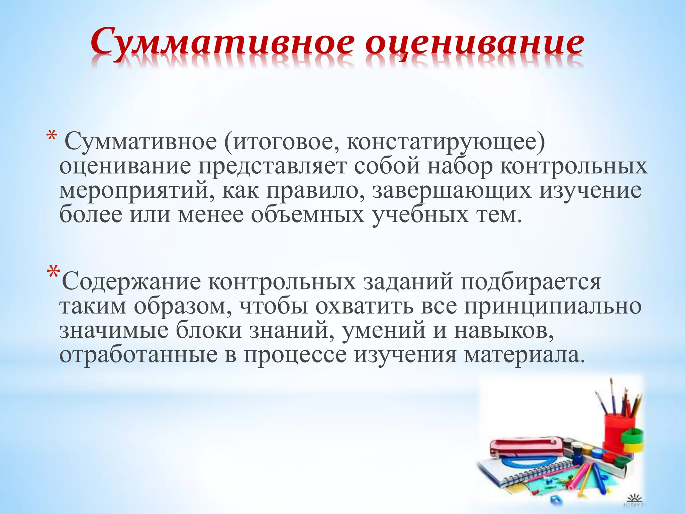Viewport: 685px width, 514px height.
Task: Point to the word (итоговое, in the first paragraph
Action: (x=281, y=142)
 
